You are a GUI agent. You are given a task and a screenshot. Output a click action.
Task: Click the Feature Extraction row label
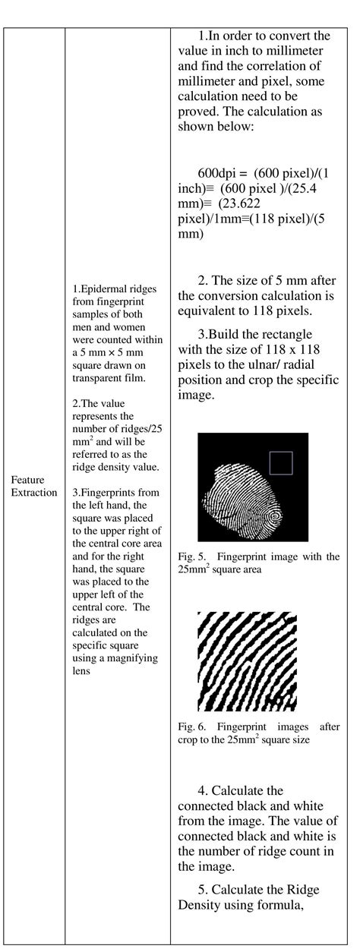coord(33,486)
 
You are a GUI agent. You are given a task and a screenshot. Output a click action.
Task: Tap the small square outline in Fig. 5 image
coord(280,462)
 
